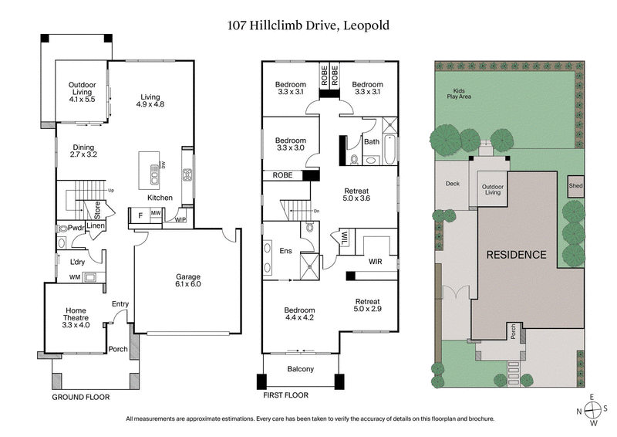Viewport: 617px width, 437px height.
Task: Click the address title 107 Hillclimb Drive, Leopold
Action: [308, 25]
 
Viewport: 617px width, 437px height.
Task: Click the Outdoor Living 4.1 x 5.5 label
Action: [81, 93]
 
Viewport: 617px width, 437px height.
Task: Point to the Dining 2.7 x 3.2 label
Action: [83, 151]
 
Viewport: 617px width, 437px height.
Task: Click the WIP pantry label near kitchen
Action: [181, 218]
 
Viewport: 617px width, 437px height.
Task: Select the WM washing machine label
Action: [74, 276]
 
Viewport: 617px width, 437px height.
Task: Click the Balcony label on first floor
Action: [301, 369]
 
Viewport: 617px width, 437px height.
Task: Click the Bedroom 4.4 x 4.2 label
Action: [300, 314]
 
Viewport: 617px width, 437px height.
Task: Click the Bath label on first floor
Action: [372, 141]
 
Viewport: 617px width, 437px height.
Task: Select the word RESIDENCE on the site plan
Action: [516, 255]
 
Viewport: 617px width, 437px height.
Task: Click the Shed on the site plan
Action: [575, 186]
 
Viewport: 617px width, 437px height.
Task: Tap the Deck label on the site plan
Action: [453, 184]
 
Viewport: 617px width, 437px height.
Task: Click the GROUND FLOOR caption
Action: [81, 397]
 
